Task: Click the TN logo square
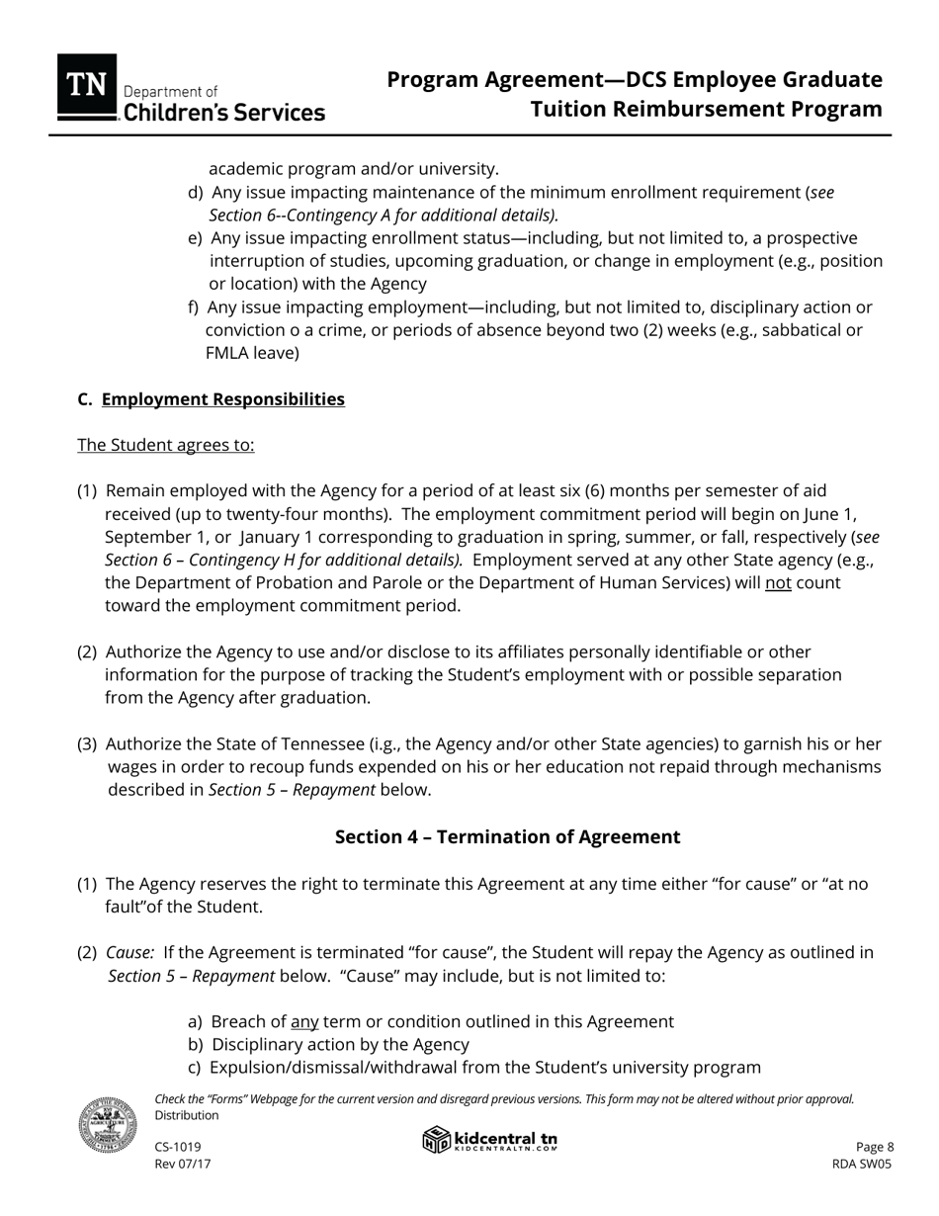click(x=87, y=84)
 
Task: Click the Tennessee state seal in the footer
click(x=108, y=1125)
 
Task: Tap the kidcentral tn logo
click(x=490, y=1141)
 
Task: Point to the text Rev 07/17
click(x=183, y=1165)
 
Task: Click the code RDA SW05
click(x=862, y=1165)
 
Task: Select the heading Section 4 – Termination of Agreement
click(x=507, y=837)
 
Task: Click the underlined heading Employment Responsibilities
click(x=223, y=399)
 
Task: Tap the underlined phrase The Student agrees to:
click(x=166, y=445)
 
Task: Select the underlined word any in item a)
click(x=304, y=1022)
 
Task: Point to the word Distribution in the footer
click(x=187, y=1115)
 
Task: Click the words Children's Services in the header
click(x=224, y=114)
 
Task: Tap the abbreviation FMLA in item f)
click(x=229, y=353)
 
